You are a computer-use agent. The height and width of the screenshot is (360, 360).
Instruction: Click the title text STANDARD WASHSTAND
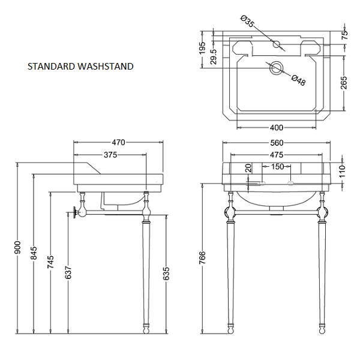point(80,67)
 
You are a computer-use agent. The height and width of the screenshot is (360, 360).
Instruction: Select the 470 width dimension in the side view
point(118,143)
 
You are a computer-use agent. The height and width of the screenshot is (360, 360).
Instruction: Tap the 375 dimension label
point(109,155)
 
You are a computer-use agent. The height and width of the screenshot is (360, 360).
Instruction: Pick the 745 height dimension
point(51,262)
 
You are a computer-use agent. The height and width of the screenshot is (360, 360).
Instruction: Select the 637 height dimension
point(69,274)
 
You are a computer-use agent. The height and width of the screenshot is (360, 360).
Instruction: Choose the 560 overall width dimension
point(276,143)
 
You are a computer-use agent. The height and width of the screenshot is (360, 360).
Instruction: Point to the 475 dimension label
point(276,155)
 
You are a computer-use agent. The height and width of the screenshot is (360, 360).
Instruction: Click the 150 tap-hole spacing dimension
point(277,167)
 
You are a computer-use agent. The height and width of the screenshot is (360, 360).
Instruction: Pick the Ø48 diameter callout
point(298,80)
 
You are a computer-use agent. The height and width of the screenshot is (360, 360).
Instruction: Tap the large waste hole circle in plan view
point(277,68)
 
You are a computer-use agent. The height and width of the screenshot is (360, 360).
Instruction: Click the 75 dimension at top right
point(344,34)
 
